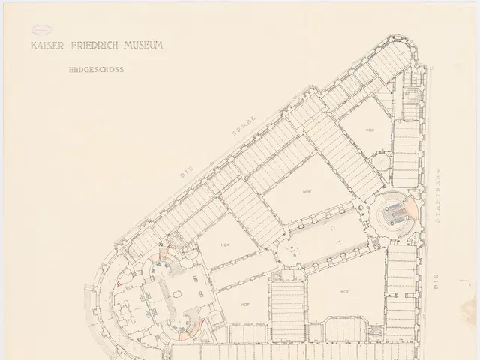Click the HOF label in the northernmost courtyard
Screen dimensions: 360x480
(x=369, y=130)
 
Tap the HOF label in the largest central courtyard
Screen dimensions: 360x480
(x=307, y=191)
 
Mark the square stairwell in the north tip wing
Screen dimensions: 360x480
(x=414, y=95)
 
